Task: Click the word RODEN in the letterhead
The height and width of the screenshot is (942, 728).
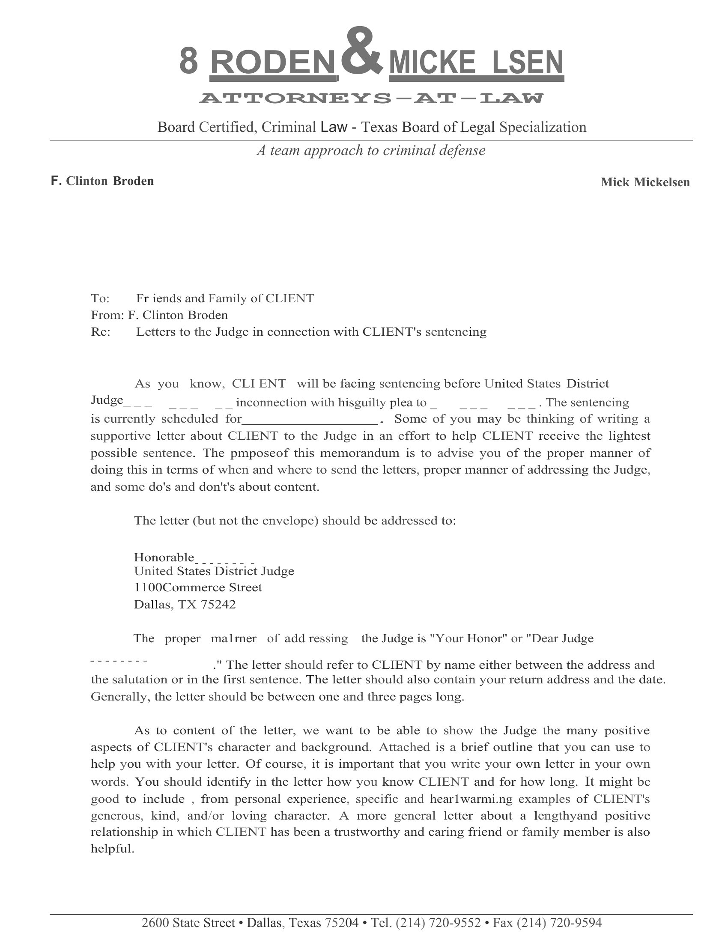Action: (x=272, y=63)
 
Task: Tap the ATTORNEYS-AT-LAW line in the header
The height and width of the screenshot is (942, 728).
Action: (x=371, y=98)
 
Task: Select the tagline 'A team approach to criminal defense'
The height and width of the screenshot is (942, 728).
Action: (x=371, y=150)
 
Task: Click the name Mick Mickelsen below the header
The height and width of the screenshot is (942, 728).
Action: (x=645, y=182)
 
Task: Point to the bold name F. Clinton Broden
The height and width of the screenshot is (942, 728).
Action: (x=102, y=181)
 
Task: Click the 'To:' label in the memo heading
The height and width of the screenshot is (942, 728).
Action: (x=101, y=298)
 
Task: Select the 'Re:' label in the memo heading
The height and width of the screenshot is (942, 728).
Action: (x=101, y=332)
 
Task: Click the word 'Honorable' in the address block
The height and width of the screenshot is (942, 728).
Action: (x=164, y=557)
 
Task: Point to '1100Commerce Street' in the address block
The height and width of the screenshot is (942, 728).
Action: (x=198, y=587)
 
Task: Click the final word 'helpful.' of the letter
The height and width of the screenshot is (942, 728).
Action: (x=113, y=849)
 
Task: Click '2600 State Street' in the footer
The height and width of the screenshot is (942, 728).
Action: (x=188, y=923)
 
